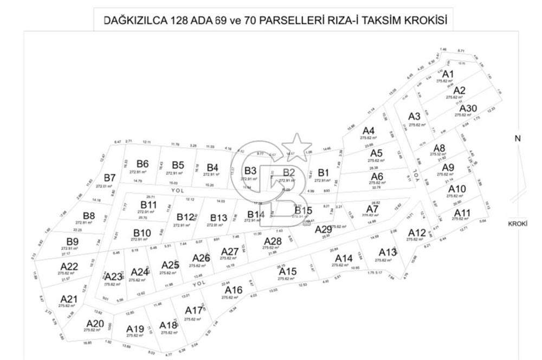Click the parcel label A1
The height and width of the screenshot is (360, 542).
coord(448,74)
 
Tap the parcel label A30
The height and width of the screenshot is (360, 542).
coord(467,108)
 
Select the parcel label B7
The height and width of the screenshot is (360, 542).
coord(110,178)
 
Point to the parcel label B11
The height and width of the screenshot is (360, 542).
coord(149,204)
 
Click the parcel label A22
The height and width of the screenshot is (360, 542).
coord(69,266)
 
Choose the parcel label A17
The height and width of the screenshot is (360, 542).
coord(193,311)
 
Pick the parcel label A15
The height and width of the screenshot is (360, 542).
coord(288,271)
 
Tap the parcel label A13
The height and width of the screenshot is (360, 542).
coord(388,252)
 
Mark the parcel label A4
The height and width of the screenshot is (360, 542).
coord(369,131)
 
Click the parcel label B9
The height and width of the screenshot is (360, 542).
coord(73,241)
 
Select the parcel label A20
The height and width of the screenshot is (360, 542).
coord(94,323)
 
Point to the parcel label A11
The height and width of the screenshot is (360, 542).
coord(462,212)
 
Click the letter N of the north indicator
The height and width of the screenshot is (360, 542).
coord(518,139)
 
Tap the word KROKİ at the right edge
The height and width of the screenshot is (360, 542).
coord(518,224)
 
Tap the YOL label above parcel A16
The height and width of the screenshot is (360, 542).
coord(199,284)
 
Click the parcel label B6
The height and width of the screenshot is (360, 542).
coord(143,164)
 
